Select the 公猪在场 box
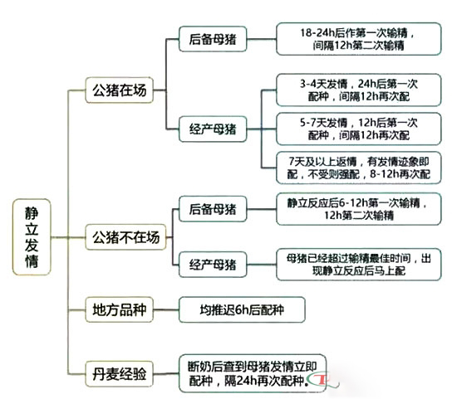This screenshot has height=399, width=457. click(x=120, y=89)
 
